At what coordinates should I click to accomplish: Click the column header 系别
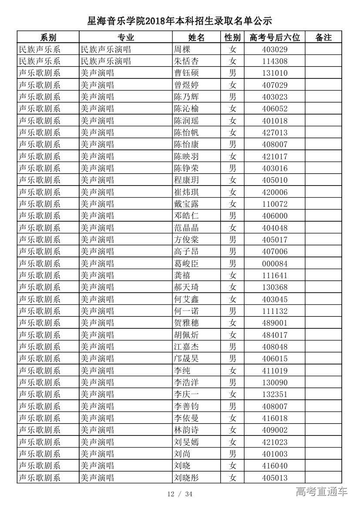click(48, 37)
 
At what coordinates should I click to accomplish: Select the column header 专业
click(125, 37)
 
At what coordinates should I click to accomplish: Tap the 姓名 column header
click(196, 37)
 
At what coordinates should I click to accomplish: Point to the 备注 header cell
click(323, 37)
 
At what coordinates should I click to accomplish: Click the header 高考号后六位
click(275, 37)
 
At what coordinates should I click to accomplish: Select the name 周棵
click(182, 49)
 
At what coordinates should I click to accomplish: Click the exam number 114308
click(275, 61)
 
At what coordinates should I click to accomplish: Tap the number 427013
click(275, 132)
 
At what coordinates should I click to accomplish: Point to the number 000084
click(275, 263)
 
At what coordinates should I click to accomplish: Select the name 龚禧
click(182, 275)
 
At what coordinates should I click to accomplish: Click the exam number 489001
click(275, 323)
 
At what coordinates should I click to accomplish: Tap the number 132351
click(275, 394)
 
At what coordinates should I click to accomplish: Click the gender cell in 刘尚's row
click(232, 454)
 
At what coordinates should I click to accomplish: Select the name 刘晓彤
click(186, 478)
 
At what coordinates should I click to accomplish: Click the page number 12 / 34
click(180, 494)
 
